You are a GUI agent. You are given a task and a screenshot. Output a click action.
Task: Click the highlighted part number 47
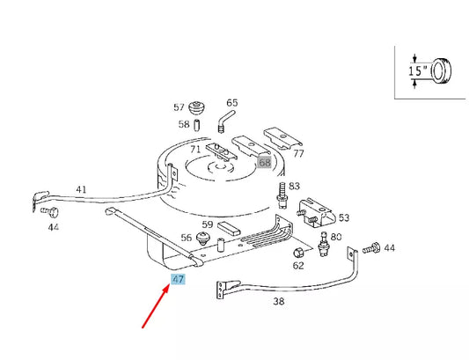[179, 280]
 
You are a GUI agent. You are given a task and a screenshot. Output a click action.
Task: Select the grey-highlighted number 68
[265, 163]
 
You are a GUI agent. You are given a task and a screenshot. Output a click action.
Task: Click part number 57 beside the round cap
[180, 107]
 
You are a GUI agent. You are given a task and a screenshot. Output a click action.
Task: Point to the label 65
[232, 103]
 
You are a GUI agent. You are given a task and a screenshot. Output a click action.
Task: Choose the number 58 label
[183, 124]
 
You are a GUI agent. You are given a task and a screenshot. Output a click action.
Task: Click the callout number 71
[195, 150]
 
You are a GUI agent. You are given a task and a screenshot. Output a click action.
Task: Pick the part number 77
[298, 154]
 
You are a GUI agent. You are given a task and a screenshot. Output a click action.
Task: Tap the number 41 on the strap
[81, 189]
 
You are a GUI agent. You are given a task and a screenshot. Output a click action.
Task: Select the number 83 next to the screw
[294, 186]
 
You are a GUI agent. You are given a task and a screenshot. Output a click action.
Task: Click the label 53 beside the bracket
[344, 217]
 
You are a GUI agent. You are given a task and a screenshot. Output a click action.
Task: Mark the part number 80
[336, 237]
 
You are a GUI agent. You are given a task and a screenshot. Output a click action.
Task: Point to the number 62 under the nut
[298, 265]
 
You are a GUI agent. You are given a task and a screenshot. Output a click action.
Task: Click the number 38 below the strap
[279, 301]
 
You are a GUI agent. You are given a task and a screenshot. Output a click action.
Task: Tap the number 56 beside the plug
[187, 238]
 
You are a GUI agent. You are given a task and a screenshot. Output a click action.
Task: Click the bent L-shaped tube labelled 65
[224, 117]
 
